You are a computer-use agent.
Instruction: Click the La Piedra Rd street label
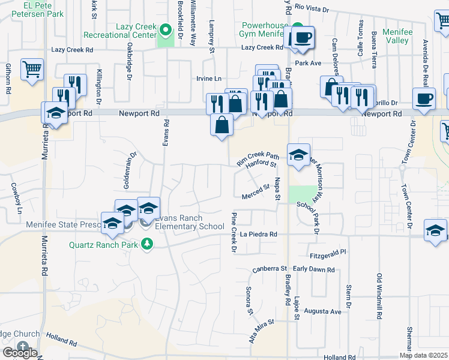point(259,234)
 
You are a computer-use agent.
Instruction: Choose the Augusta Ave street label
point(322,311)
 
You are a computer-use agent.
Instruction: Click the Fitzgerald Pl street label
point(327,254)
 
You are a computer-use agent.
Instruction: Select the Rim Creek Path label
point(258,158)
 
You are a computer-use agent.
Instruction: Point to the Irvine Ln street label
point(209,79)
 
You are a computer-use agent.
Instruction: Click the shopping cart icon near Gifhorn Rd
point(32,68)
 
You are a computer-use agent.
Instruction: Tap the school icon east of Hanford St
point(298,155)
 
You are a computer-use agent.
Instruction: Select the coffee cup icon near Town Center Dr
point(424,98)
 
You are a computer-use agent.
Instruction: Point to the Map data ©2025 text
point(423,355)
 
